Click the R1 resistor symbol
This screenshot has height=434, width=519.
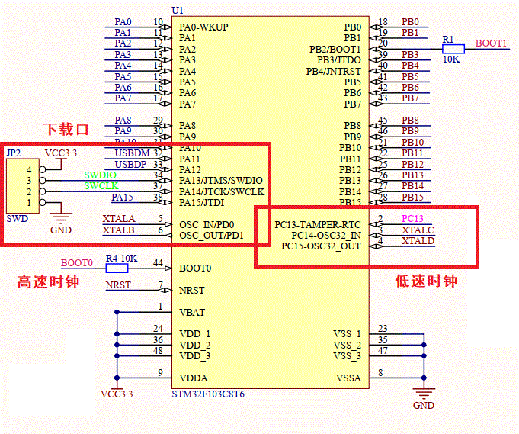tap(453, 49)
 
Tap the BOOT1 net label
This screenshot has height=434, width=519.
tap(491, 43)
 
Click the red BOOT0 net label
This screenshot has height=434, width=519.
tap(76, 262)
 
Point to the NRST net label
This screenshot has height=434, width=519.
tap(117, 285)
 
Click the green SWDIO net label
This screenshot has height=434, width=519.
tap(101, 175)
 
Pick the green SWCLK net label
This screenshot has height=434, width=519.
tap(101, 185)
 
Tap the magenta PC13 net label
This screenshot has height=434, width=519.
tap(412, 219)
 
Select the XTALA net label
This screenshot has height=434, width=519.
tap(118, 219)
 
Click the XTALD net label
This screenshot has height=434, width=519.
tap(418, 241)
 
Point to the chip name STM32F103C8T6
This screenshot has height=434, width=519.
tap(208, 393)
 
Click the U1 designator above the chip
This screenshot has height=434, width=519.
tap(178, 9)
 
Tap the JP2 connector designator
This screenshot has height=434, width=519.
tap(13, 153)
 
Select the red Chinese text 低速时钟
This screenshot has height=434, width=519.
tap(426, 281)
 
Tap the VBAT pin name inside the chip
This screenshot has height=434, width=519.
tap(192, 312)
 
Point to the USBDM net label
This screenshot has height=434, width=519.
tap(129, 153)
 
